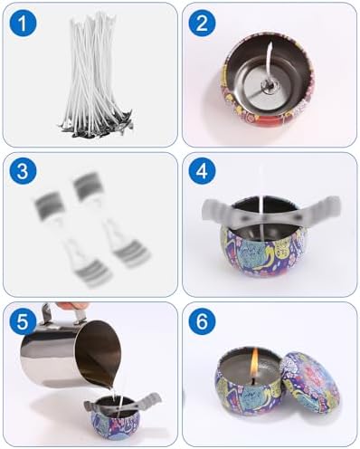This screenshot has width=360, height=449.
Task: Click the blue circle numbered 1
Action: pyautogui.click(x=23, y=23)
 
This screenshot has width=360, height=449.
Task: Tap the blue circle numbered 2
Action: pyautogui.click(x=202, y=23)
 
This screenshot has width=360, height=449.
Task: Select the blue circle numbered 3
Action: pyautogui.click(x=23, y=172)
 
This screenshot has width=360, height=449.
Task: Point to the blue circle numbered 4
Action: pyautogui.click(x=202, y=172)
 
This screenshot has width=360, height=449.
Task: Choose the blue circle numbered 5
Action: pyautogui.click(x=23, y=321)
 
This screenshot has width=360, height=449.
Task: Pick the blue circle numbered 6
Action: pyautogui.click(x=202, y=321)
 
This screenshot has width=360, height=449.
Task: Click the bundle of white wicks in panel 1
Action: pyautogui.click(x=96, y=74)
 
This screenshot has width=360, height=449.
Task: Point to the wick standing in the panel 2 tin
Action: pyautogui.click(x=269, y=65)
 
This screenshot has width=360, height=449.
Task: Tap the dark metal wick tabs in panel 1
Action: pyautogui.click(x=96, y=127)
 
